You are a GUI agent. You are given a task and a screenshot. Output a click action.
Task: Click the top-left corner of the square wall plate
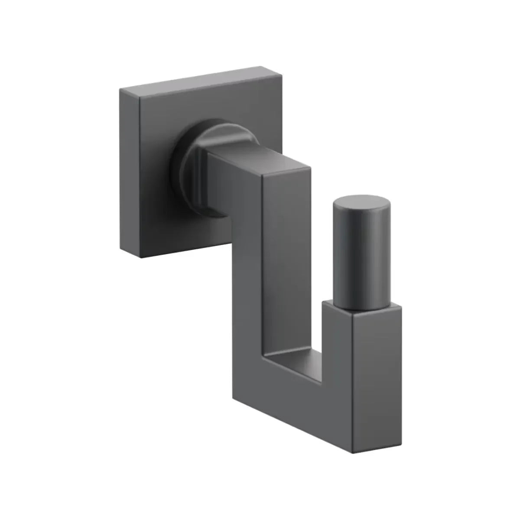[x=120, y=88]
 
